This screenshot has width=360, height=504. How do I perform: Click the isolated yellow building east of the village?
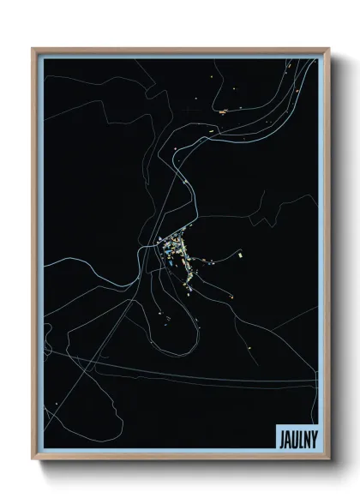point(241,255)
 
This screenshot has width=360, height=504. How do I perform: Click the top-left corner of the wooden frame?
point(33,49)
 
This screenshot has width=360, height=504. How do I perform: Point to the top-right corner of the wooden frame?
point(328,49)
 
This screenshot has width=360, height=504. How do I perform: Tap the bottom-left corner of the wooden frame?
point(33,460)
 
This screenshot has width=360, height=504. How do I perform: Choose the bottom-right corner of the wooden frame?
point(328,460)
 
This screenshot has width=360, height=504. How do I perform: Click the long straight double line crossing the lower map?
point(214,375)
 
